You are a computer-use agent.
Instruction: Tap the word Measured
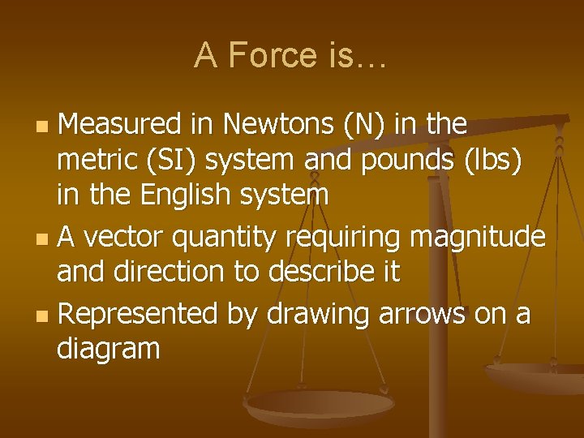point(120,125)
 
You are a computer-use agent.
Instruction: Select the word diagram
point(109,350)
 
